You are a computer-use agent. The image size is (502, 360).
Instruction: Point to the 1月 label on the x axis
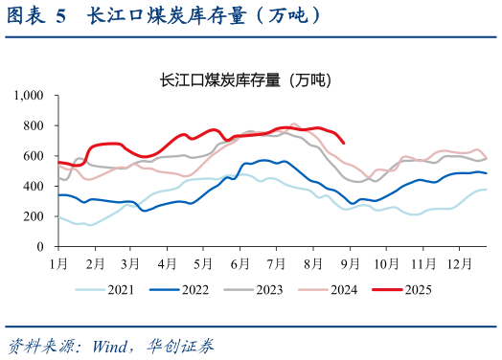(x=59, y=261)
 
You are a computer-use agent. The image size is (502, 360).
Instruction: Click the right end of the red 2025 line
(x=344, y=143)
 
